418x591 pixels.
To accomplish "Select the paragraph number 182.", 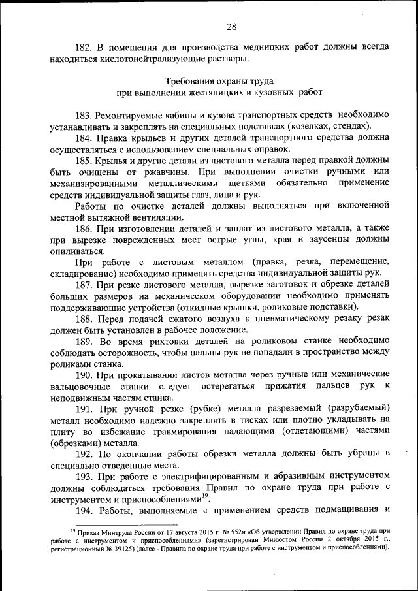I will point(86,47).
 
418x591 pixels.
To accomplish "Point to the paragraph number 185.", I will point(86,161).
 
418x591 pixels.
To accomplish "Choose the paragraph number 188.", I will point(86,319).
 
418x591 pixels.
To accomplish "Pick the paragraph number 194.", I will point(86,510).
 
